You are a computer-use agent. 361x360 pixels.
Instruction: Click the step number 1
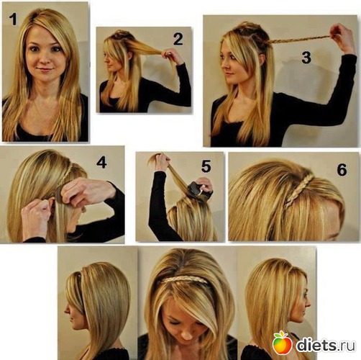click(14, 19)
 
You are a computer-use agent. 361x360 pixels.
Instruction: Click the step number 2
click(178, 40)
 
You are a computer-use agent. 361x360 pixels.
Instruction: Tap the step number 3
click(306, 58)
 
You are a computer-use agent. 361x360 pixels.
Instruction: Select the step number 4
click(101, 163)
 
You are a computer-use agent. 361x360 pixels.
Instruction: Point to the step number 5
click(206, 166)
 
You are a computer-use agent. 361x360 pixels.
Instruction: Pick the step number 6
click(342, 170)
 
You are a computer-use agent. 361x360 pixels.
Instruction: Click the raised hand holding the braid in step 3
click(342, 37)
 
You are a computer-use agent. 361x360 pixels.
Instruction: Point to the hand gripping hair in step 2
click(171, 56)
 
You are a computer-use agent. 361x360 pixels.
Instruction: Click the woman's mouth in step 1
click(45, 70)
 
